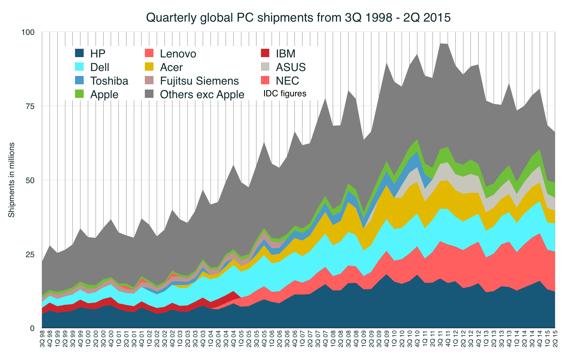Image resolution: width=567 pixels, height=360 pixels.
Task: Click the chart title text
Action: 298,18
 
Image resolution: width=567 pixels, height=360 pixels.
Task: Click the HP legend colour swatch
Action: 80,53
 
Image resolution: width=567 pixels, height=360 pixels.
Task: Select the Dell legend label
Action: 99,67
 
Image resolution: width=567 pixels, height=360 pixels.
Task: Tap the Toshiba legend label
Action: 109,81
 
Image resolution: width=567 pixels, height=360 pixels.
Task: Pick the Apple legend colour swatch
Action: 80,94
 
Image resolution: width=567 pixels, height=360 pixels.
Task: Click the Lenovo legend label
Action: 178,53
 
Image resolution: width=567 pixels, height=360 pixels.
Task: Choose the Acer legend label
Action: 171,67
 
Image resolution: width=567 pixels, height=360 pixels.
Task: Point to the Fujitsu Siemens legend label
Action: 199,81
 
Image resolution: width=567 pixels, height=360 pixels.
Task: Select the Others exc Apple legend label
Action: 202,94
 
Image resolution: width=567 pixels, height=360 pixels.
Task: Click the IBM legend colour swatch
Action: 265,53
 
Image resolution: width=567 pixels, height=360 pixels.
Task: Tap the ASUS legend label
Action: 291,67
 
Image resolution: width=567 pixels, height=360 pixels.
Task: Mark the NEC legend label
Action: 287,81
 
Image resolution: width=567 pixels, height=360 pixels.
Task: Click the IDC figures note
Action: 285,94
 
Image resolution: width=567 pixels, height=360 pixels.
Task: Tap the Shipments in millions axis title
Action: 11,180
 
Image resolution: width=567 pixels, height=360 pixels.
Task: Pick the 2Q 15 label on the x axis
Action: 555,339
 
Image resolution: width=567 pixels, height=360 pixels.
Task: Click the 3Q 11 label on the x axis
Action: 440,339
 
